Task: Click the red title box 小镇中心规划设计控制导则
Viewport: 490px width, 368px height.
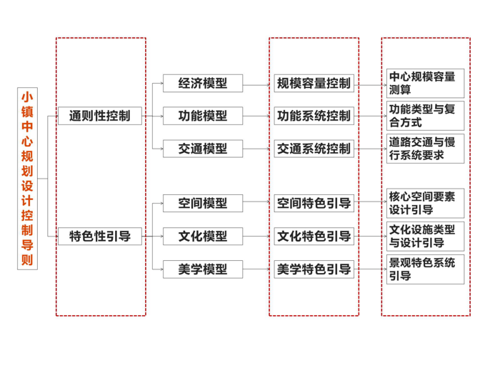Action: (27, 178)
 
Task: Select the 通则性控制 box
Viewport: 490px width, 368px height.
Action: (100, 116)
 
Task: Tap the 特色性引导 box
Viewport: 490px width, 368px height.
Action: (100, 236)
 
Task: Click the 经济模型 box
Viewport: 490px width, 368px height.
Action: (203, 83)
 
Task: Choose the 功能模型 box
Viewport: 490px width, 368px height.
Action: (203, 116)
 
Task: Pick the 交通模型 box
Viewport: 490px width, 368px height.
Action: (203, 149)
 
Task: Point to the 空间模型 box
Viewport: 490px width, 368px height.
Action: (203, 203)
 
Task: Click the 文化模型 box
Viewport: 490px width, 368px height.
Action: (203, 236)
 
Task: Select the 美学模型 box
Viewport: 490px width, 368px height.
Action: (203, 269)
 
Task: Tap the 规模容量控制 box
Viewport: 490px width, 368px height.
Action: (314, 83)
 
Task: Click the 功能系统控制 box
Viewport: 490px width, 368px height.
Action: (314, 116)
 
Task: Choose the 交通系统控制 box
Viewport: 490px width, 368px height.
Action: (314, 149)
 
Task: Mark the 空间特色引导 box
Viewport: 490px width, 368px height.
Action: (314, 203)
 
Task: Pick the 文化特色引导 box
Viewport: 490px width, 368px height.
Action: (314, 236)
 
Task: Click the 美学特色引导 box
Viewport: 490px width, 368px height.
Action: (314, 269)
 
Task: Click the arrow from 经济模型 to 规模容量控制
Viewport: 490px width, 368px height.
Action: (259, 84)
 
